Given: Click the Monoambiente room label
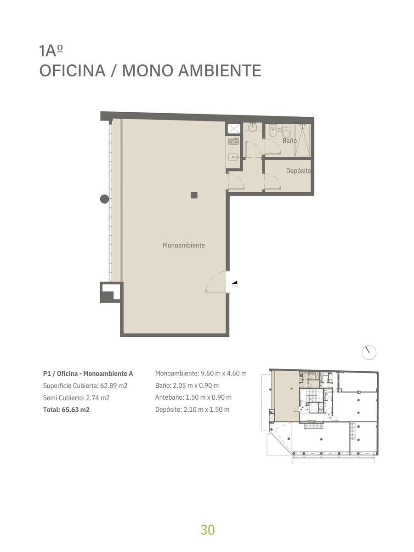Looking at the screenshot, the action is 184,245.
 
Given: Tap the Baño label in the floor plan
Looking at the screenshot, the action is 289,140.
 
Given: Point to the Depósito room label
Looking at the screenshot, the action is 299,171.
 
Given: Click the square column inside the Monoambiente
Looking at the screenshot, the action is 194,195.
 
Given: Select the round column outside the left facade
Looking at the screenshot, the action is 104,199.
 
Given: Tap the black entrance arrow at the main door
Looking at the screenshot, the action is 235,284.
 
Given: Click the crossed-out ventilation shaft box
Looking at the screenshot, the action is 233,129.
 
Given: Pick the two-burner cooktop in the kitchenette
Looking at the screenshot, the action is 233,142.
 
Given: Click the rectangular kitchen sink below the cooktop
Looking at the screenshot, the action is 233,158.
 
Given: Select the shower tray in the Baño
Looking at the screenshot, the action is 302,140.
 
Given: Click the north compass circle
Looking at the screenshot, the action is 369,352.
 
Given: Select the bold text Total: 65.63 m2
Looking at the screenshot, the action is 66,410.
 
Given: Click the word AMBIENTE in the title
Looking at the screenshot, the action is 220,70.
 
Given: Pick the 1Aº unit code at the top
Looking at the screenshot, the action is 51,51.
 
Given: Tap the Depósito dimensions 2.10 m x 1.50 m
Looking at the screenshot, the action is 206,409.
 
